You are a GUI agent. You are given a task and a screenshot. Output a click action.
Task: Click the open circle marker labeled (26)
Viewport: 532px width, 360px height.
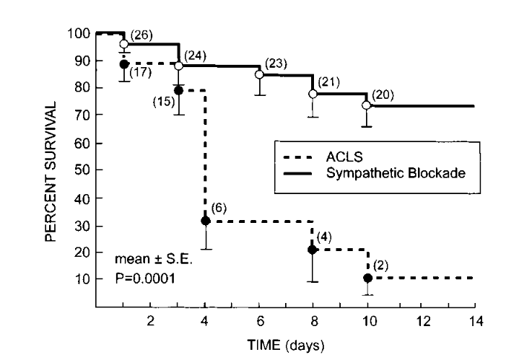pos(124,44)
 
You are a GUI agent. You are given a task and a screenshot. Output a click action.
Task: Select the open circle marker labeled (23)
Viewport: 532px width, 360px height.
pos(259,74)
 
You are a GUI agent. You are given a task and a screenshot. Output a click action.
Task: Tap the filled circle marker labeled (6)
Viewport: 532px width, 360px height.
pos(205,221)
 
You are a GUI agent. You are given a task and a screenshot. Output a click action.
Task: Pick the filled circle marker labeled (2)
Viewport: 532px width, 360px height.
pos(368,278)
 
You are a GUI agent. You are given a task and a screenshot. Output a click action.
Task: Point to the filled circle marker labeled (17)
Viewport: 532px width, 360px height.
pos(124,64)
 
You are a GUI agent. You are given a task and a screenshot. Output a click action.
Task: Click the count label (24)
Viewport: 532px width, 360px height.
pos(196,56)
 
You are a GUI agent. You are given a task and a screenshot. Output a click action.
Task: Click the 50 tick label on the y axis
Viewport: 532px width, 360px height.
pos(80,170)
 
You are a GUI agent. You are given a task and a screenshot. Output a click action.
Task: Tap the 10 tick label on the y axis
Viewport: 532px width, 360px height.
pos(80,278)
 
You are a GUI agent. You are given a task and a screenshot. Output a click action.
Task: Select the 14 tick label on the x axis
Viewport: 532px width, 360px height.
pos(475,320)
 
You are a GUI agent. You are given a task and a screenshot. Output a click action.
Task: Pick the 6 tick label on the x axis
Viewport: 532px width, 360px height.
pos(259,320)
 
